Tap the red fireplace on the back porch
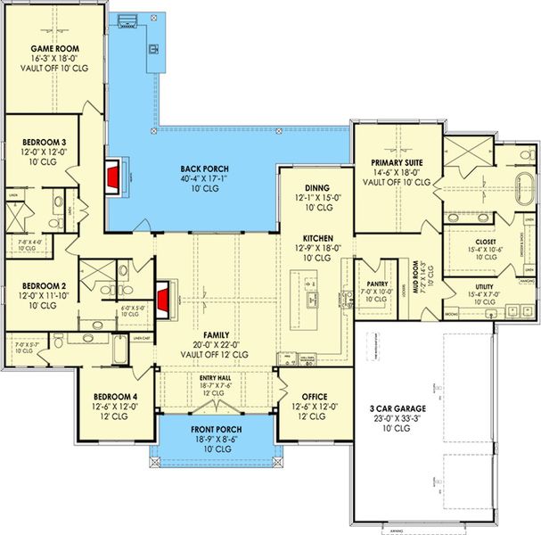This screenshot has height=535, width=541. (112, 177)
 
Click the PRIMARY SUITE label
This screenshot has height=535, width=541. (397, 162)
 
